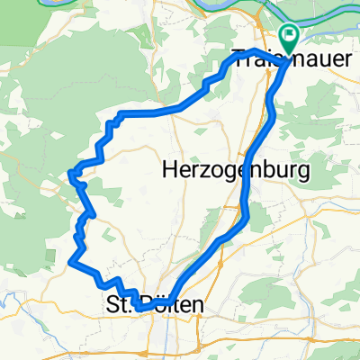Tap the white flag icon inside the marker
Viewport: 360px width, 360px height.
(291, 37)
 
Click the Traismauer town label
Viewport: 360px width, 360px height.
(270, 59)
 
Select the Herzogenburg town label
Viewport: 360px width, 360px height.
(235, 168)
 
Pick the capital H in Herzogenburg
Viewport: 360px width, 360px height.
(168, 168)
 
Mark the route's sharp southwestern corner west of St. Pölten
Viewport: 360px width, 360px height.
(70, 261)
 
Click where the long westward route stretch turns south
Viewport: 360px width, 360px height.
(114, 117)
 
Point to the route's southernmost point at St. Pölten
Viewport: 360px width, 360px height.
(141, 309)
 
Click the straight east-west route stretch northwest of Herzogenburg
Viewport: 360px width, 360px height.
(153, 112)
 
